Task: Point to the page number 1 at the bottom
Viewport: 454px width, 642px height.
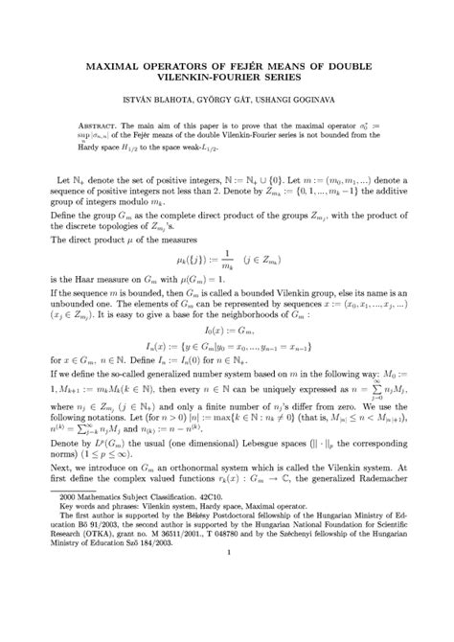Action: point(226,619)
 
